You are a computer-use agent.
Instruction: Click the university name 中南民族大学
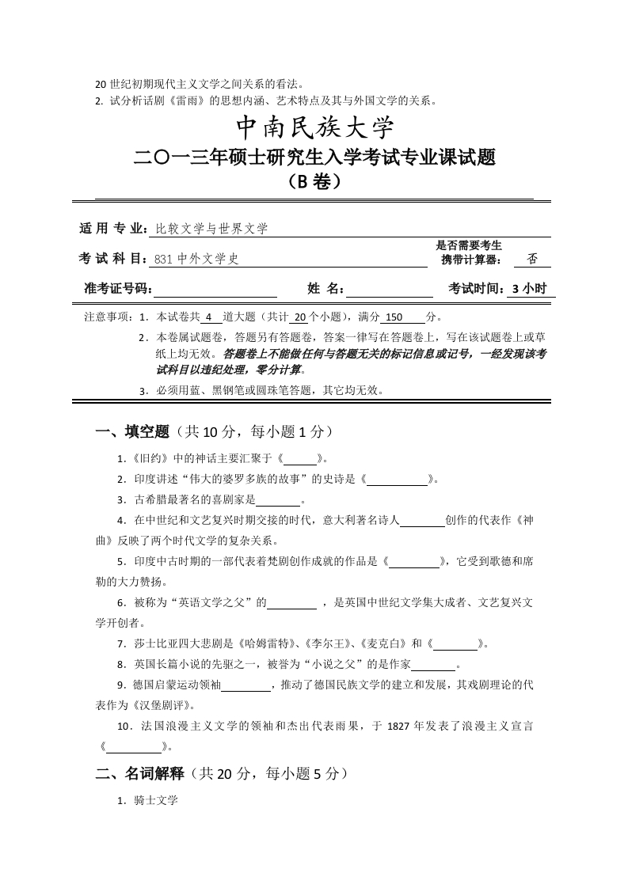[315, 128]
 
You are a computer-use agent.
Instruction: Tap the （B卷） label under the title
[315, 182]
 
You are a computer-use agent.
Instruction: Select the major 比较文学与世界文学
[211, 229]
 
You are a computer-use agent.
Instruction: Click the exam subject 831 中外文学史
[196, 258]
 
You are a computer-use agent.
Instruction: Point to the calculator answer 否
[531, 258]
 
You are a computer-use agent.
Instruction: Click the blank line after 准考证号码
[215, 289]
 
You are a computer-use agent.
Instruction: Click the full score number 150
[394, 317]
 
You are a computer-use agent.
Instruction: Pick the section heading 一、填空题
[132, 431]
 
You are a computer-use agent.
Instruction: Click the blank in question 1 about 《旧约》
[299, 458]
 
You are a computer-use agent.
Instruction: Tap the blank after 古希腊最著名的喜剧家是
[278, 500]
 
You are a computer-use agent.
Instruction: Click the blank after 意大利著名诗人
[422, 521]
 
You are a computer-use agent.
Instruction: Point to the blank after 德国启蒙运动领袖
[245, 685]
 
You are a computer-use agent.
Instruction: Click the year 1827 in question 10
[398, 726]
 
